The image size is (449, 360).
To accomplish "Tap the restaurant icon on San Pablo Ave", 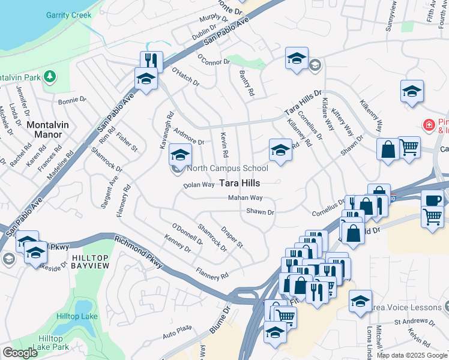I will tap(149, 61).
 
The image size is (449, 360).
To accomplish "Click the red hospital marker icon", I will tap(429, 125).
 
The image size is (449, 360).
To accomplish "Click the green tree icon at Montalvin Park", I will tap(50, 76).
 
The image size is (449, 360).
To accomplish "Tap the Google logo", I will tap(20, 353).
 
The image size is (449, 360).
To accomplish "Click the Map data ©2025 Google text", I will tap(412, 355).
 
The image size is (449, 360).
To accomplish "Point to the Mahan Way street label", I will tap(245, 198).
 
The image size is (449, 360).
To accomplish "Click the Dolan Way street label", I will tap(199, 185).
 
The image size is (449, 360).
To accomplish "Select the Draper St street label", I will tap(231, 237).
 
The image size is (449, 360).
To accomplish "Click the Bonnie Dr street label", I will tap(72, 100).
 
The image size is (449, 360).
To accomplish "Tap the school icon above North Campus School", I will tap(180, 154).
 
